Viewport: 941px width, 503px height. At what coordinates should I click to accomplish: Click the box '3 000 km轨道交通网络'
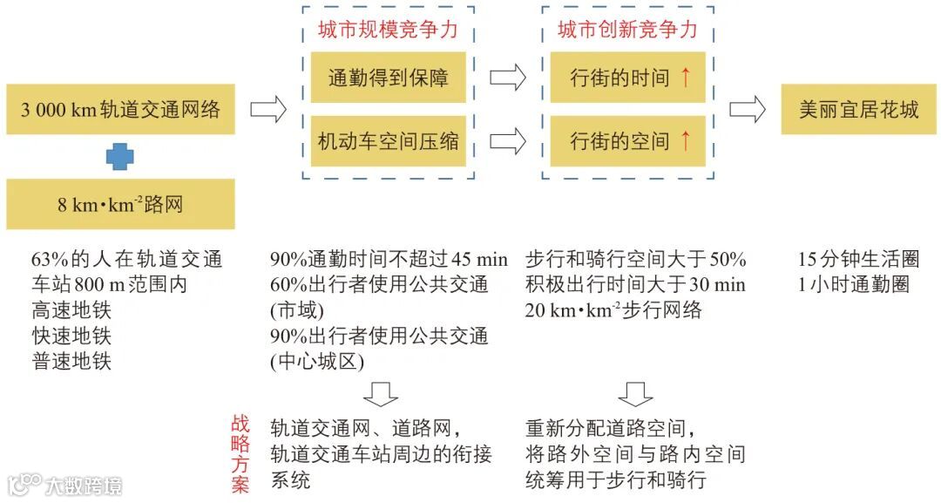pyautogui.click(x=120, y=110)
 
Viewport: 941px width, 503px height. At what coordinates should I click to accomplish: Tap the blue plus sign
pyautogui.click(x=120, y=157)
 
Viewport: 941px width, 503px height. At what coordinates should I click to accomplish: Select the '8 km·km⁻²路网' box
pyautogui.click(x=120, y=205)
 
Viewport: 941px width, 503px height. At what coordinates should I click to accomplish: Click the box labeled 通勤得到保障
pyautogui.click(x=388, y=78)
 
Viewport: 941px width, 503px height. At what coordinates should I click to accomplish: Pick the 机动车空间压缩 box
pyautogui.click(x=388, y=140)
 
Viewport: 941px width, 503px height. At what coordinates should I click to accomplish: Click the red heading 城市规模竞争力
pyautogui.click(x=388, y=31)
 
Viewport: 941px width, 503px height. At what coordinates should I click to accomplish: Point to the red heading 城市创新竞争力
pyautogui.click(x=627, y=31)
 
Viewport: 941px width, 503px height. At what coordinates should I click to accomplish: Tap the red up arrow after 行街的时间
pyautogui.click(x=685, y=78)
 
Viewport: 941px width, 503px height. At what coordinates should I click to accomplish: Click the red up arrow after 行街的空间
pyautogui.click(x=685, y=140)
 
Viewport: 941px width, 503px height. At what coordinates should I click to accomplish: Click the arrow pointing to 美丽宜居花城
pyautogui.click(x=747, y=110)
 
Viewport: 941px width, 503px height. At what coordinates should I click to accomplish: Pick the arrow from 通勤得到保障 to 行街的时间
pyautogui.click(x=508, y=78)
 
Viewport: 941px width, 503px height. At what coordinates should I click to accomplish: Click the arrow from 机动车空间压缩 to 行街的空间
pyautogui.click(x=508, y=140)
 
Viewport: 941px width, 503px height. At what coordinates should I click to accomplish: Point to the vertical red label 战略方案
pyautogui.click(x=240, y=454)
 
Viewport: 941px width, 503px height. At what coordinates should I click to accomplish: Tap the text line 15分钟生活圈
pyautogui.click(x=858, y=260)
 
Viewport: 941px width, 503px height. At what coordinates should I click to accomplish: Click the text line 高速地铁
pyautogui.click(x=71, y=310)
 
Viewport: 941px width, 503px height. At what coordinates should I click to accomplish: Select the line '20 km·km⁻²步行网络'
pyautogui.click(x=613, y=310)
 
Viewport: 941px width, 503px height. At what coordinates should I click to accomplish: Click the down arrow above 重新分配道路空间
pyautogui.click(x=635, y=394)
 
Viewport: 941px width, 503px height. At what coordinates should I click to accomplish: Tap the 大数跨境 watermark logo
pyautogui.click(x=66, y=484)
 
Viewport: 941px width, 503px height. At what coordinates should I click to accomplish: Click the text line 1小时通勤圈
pyautogui.click(x=853, y=285)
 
